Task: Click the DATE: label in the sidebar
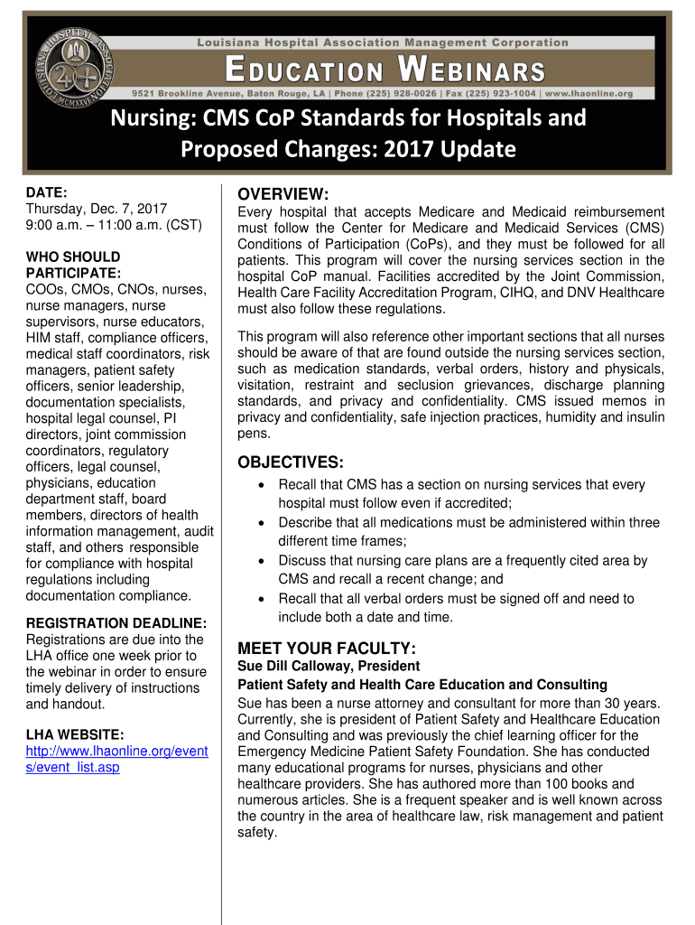(x=44, y=192)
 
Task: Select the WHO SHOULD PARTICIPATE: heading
(x=73, y=266)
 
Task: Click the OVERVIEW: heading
(x=283, y=195)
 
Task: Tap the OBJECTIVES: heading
(x=290, y=462)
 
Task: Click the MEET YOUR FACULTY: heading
(x=326, y=648)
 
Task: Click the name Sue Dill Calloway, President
(x=316, y=667)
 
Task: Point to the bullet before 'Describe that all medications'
(x=261, y=523)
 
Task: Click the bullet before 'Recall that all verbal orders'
(x=261, y=599)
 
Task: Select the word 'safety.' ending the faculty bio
(x=256, y=833)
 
